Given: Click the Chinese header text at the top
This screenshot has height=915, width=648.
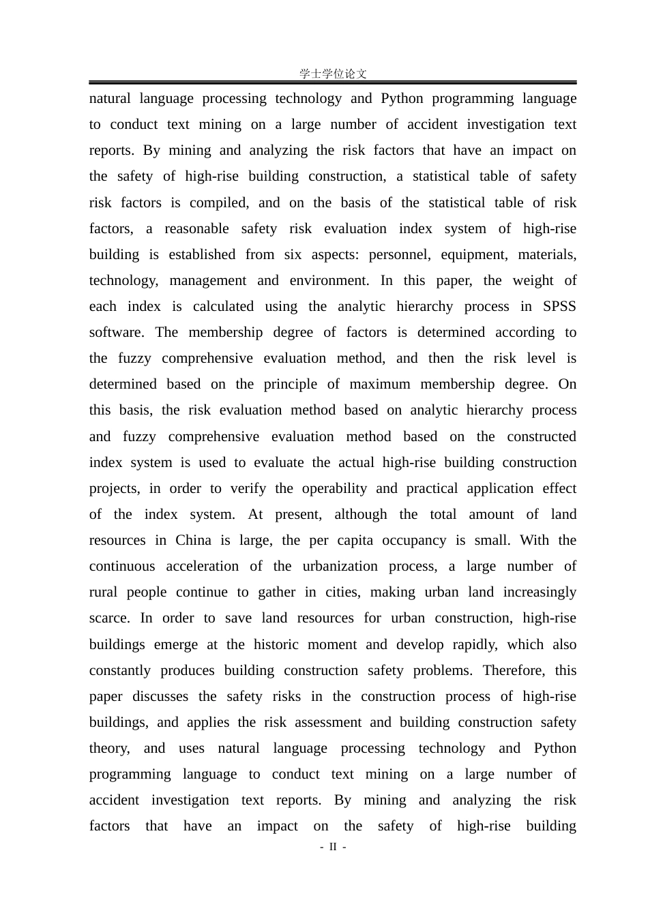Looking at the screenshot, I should click(333, 74).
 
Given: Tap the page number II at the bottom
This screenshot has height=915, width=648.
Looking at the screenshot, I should click(333, 847).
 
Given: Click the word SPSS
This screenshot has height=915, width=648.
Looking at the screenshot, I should click(559, 306).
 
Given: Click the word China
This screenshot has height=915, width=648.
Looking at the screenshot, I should click(193, 540).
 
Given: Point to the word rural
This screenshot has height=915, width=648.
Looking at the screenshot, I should click(104, 592).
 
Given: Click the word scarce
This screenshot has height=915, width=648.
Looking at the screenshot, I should click(108, 618).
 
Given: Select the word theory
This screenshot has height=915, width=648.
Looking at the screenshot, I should click(109, 748).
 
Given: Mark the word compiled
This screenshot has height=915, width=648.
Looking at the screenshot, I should click(218, 202).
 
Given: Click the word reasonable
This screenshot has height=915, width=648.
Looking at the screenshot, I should click(196, 228).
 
